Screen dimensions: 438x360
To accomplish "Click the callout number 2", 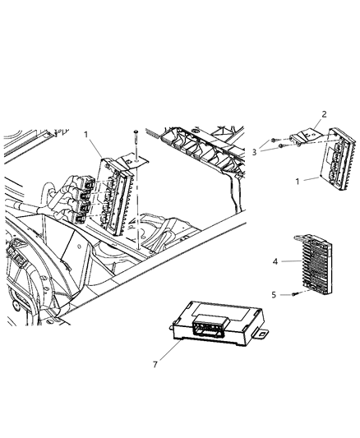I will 324,113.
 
